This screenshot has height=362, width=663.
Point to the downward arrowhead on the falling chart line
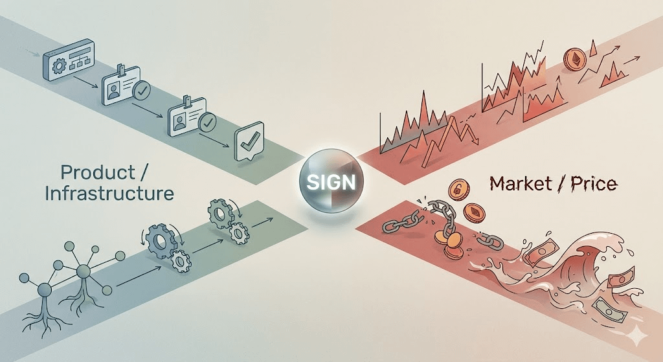[x=475, y=138]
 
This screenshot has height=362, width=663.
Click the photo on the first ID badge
[x=116, y=94]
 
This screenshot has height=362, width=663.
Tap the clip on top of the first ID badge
[x=121, y=71]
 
